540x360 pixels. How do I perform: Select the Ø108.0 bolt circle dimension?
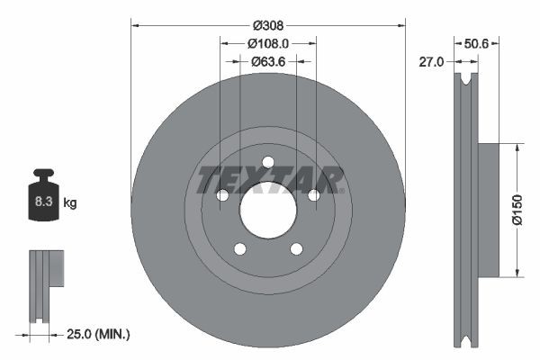point(268,42)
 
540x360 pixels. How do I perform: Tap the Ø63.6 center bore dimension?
point(268,61)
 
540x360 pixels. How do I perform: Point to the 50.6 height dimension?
point(476,42)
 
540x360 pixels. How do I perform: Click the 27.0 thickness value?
point(433,61)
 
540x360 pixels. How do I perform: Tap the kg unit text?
point(70,203)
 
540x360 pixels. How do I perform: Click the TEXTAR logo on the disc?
point(270,179)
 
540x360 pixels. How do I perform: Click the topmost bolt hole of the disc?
point(268,163)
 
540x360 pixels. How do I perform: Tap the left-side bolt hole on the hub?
point(223,195)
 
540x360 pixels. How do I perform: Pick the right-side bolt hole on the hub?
point(313,195)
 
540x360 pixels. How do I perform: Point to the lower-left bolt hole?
point(240,248)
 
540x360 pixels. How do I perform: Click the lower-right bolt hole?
point(296,248)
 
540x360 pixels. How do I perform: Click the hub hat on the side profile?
point(487,210)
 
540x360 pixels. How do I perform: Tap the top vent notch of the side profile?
point(465,81)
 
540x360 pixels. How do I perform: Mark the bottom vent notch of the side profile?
point(465,339)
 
